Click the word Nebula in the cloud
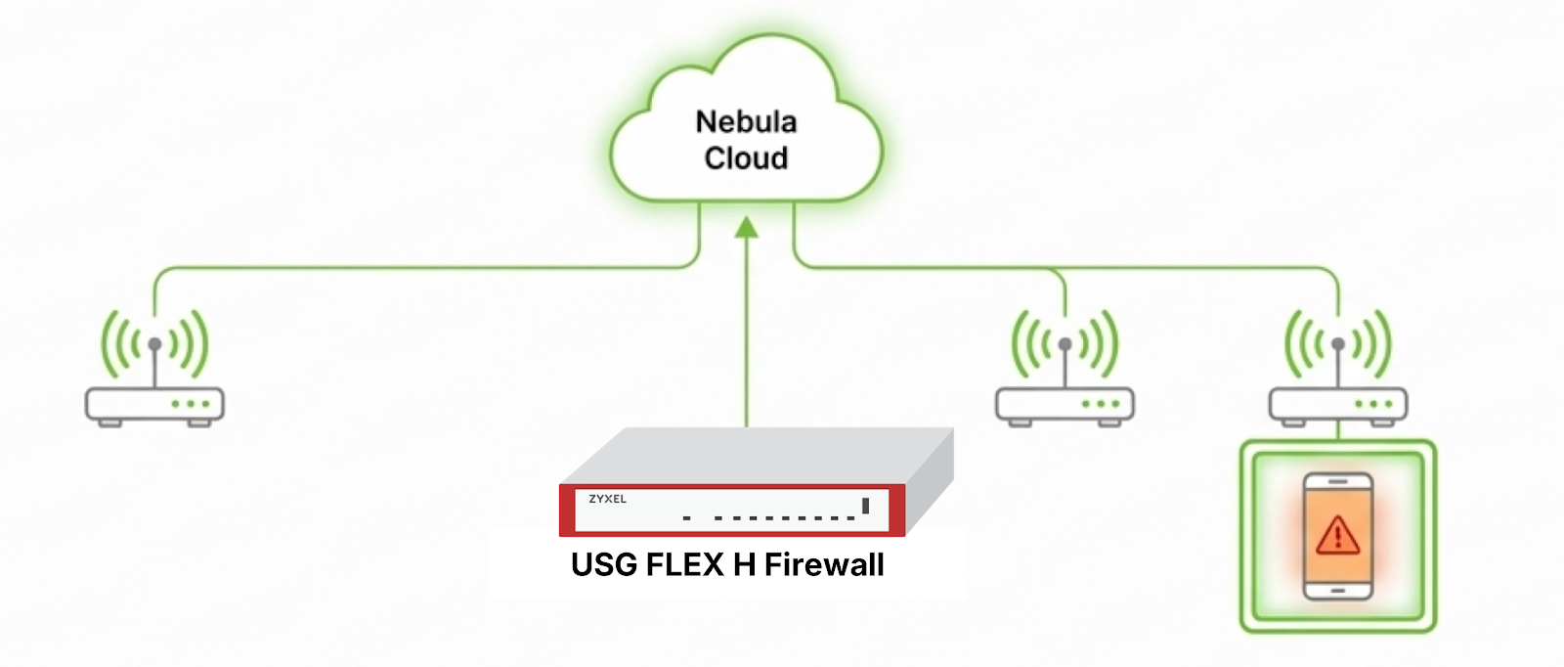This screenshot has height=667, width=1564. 746,122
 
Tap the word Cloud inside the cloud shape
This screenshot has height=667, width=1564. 746,158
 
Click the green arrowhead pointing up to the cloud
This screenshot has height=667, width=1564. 747,228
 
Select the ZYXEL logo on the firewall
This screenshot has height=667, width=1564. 607,500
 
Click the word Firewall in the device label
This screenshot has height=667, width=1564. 824,565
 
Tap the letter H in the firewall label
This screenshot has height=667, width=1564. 744,565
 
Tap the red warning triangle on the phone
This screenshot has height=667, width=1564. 1337,536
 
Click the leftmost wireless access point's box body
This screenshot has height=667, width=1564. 154,404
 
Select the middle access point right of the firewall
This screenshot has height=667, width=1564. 1064,404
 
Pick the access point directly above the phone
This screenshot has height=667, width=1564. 1338,404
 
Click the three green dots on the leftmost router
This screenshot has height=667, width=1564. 191,404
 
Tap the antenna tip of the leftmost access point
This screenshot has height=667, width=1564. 154,344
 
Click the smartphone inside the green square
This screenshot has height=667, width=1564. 1338,536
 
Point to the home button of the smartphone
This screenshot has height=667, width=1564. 1338,591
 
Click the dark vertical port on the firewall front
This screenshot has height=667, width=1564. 865,506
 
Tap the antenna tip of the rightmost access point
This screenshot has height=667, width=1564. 1338,344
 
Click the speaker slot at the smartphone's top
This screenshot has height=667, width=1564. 1338,482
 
